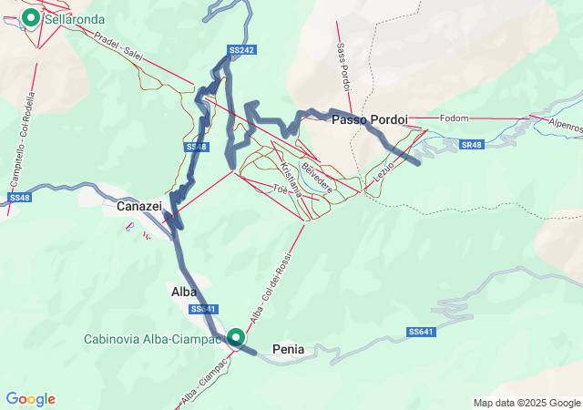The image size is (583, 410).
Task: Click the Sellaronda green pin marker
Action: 30,18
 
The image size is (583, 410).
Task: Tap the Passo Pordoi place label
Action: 369,120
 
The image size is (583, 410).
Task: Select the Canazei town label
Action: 139,207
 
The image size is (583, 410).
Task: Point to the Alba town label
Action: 184,292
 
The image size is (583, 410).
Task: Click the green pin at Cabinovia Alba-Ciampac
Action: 237,338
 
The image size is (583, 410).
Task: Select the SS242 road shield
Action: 240,49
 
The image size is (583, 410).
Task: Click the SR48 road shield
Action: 470,145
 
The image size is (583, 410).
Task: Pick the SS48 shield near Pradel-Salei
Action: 197,147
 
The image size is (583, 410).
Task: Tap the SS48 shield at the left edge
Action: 20,198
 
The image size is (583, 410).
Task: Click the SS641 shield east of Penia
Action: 422,332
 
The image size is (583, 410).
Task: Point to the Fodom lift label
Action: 454,118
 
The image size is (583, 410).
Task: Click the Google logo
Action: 30,399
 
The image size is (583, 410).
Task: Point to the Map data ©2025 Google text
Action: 527,403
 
